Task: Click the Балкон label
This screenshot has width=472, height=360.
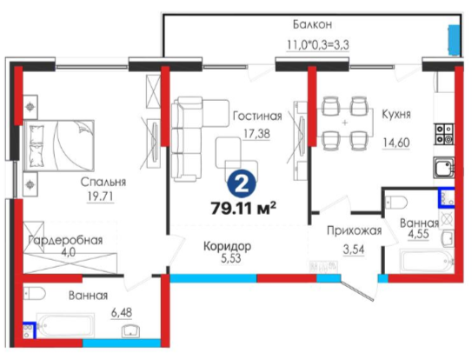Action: point(312,24)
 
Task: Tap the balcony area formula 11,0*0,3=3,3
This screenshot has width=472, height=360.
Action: point(317,45)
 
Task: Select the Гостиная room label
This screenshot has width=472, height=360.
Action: point(257,116)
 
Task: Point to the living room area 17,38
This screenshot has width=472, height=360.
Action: point(256,133)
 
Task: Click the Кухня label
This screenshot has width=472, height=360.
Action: point(396,115)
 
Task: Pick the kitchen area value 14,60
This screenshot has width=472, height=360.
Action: point(396,143)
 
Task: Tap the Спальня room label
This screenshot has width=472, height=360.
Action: point(103,182)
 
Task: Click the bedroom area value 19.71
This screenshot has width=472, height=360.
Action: point(100,197)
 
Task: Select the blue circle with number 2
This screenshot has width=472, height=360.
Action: point(242,183)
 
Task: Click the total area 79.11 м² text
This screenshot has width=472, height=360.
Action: point(243,208)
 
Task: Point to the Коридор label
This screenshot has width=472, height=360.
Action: point(227,246)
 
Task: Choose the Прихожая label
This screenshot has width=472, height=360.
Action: point(355,230)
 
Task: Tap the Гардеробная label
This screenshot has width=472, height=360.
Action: point(65,240)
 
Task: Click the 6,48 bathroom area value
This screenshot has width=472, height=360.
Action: point(122,313)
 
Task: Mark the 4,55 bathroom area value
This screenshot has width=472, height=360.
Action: point(418,234)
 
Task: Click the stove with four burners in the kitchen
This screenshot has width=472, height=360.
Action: point(443,133)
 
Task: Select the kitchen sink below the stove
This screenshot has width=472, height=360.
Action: point(443,168)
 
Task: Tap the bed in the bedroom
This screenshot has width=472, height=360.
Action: point(59,146)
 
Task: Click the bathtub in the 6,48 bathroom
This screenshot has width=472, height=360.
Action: point(66,325)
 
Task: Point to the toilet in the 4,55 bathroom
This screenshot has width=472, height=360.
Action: point(396,202)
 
